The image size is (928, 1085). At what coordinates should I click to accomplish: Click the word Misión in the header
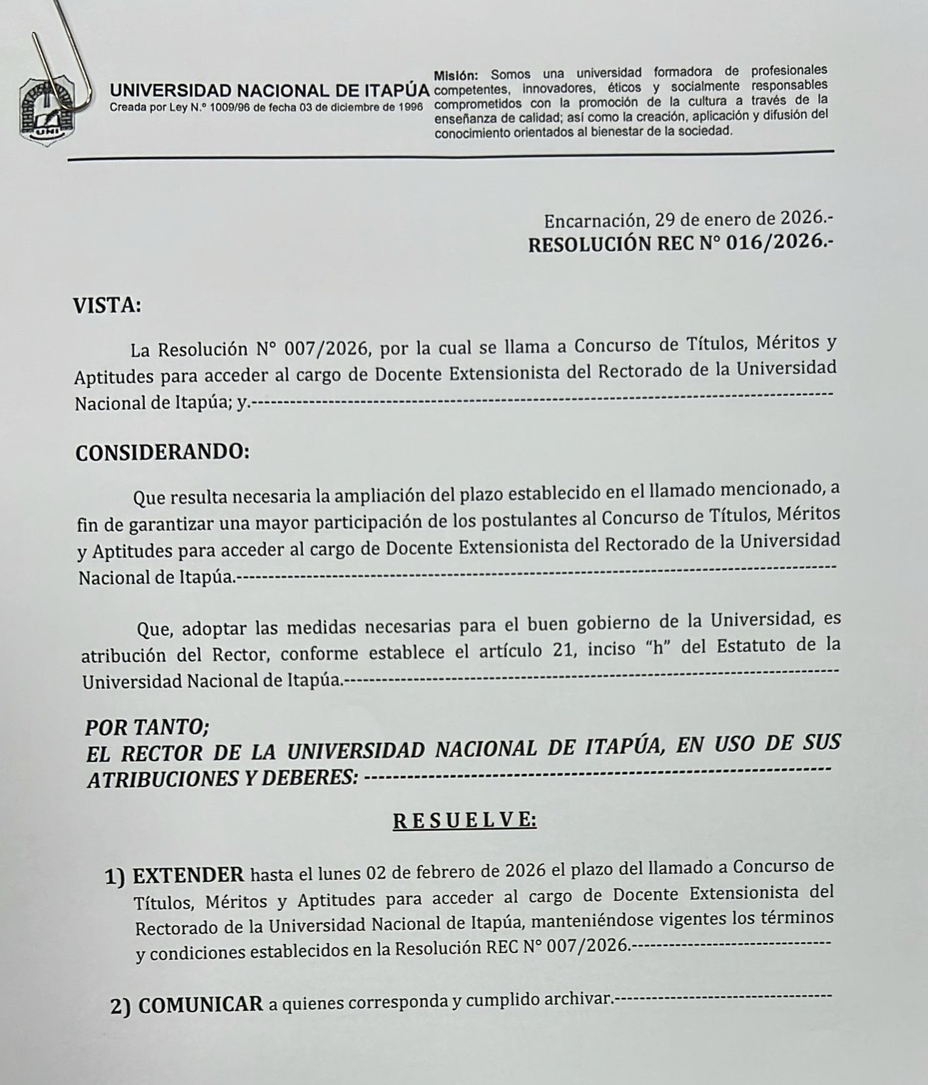[457, 75]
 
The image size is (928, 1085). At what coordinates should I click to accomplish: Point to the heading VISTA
[107, 306]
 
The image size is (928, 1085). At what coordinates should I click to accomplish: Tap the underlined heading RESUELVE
[464, 820]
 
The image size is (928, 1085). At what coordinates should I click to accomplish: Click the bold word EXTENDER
[188, 875]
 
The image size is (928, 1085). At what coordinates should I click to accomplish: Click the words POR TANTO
[147, 728]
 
